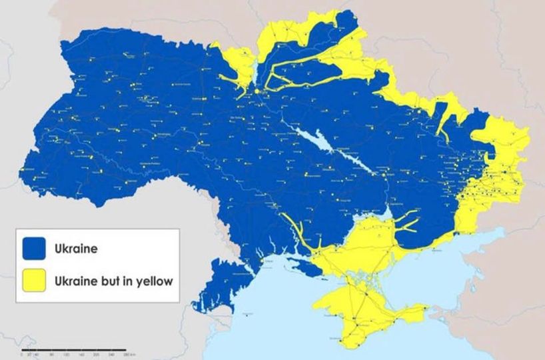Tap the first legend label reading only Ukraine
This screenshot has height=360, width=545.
(x=76, y=249)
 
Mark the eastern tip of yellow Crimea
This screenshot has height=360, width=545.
(x=427, y=308)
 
